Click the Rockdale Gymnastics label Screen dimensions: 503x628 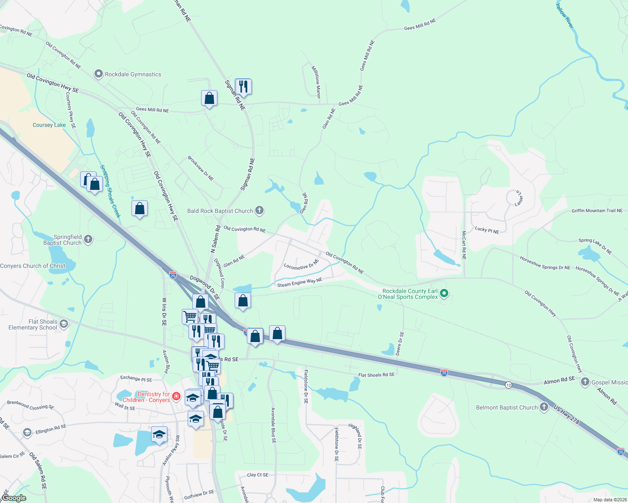[133, 75]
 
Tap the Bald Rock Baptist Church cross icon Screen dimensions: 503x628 [259, 210]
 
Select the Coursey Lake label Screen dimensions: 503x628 [49, 125]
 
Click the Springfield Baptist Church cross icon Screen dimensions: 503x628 [88, 239]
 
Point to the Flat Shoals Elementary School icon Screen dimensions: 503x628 [63, 324]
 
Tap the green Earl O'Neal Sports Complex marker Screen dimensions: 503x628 [445, 293]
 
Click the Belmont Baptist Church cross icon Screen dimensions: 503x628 [544, 407]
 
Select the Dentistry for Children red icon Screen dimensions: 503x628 [176, 396]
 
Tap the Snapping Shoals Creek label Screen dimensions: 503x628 [110, 191]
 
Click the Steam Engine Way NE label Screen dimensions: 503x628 [299, 283]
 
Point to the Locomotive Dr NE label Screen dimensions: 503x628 [301, 265]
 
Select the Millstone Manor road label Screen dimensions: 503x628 [316, 82]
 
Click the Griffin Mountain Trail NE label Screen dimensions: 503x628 [597, 211]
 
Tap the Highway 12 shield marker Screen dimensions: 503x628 [508, 385]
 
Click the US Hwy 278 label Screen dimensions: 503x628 [566, 415]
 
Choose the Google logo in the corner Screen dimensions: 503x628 [14, 498]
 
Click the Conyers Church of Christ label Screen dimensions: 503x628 [33, 266]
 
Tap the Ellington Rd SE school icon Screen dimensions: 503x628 [27, 432]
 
